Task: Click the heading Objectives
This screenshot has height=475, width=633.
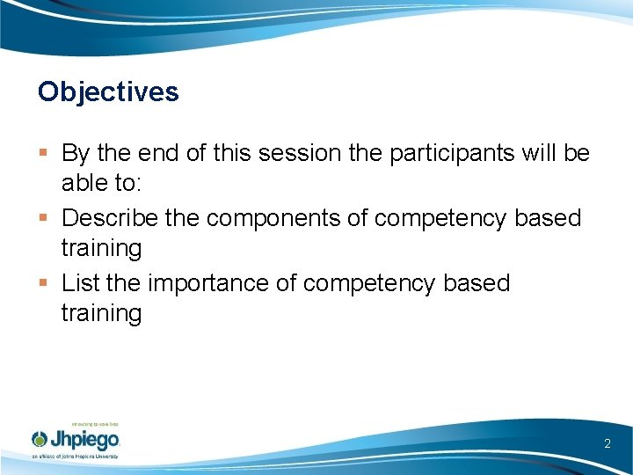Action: (x=108, y=91)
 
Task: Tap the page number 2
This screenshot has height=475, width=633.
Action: (x=607, y=444)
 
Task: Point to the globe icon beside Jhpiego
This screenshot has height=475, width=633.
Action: (x=40, y=439)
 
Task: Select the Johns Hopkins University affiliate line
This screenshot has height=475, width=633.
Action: (x=75, y=457)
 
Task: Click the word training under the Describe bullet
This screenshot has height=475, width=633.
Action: (x=101, y=249)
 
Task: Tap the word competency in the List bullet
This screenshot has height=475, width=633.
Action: (x=365, y=282)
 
